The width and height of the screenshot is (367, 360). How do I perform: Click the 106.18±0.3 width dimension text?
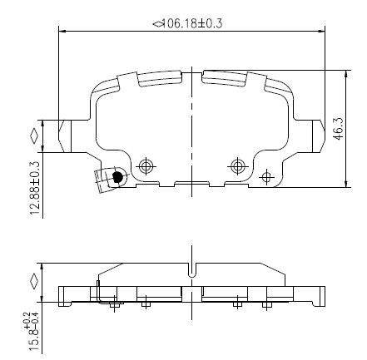(x=191, y=23)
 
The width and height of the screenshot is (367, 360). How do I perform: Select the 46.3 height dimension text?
(x=339, y=128)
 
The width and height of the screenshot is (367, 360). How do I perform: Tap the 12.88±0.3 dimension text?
(x=36, y=189)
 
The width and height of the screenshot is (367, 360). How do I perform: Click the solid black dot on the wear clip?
(x=118, y=176)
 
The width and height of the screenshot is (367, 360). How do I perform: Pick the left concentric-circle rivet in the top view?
(x=146, y=166)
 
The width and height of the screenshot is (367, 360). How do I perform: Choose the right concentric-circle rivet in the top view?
(x=237, y=166)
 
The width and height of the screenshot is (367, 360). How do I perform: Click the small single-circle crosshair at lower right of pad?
(x=266, y=176)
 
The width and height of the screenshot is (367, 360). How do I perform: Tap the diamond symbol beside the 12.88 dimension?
(x=34, y=136)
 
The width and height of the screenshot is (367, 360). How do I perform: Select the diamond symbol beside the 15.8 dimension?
(x=34, y=281)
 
